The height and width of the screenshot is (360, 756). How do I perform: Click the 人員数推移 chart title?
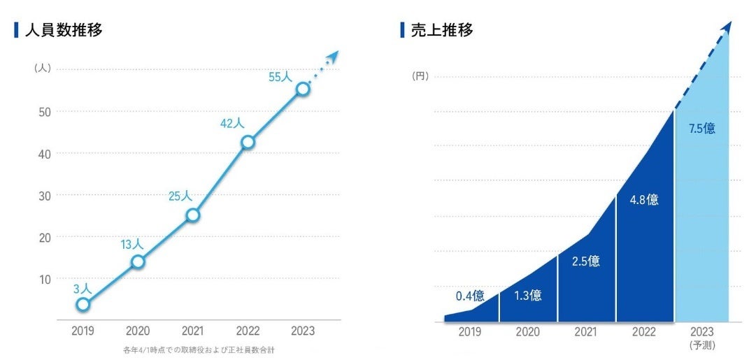click(x=64, y=31)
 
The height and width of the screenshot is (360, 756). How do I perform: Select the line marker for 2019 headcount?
click(x=83, y=304)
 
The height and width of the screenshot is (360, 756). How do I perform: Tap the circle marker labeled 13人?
click(x=138, y=261)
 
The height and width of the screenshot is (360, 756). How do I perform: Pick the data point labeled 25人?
click(x=192, y=215)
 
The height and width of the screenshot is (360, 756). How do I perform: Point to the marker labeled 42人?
click(x=247, y=143)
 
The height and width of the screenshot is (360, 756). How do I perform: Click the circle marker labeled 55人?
click(x=302, y=89)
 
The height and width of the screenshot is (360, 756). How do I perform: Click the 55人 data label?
click(x=280, y=77)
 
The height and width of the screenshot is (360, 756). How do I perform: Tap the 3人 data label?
click(x=83, y=288)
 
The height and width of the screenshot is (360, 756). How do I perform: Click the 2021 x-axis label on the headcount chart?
click(x=192, y=331)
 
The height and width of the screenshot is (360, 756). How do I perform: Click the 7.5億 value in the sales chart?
click(x=701, y=129)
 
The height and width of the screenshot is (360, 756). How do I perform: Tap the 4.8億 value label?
click(x=643, y=199)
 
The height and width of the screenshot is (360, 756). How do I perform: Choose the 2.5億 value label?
click(x=585, y=261)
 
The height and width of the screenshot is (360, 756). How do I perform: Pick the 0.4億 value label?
click(x=470, y=296)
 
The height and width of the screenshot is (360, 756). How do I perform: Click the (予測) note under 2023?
click(x=701, y=345)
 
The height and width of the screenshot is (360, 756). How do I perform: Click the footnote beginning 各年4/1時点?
click(x=198, y=350)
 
